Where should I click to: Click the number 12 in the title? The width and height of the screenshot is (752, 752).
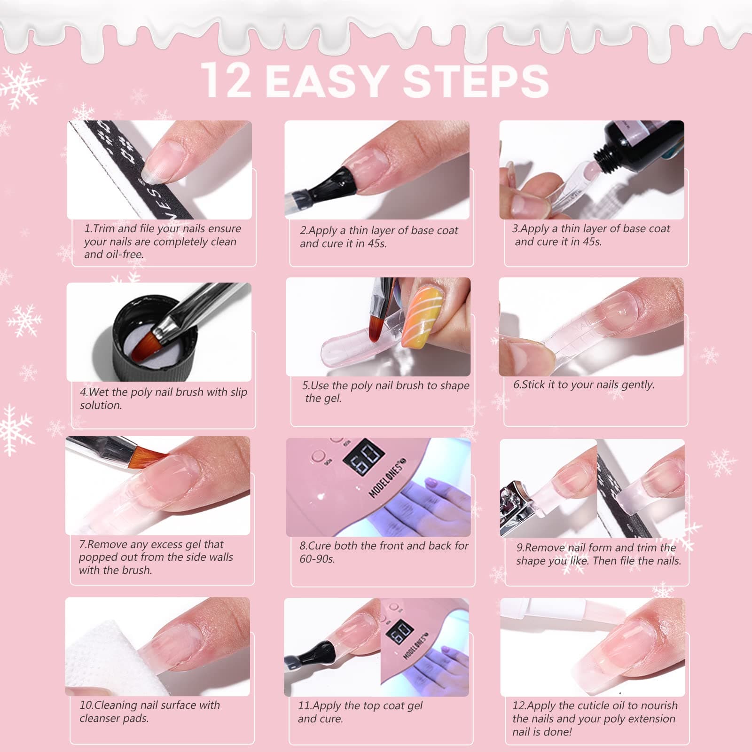[227, 80]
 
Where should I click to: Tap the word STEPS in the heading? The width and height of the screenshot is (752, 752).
[476, 81]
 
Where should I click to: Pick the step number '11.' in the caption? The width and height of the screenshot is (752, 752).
[305, 705]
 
